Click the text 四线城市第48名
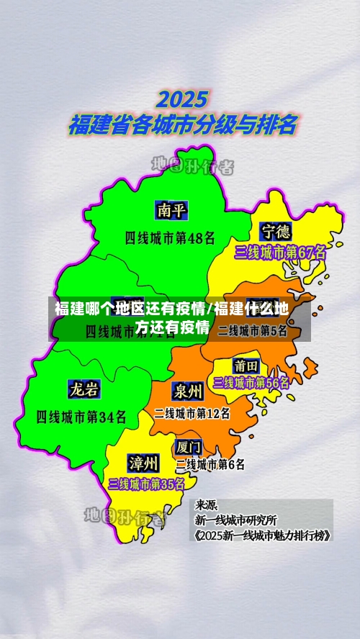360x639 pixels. click(170, 237)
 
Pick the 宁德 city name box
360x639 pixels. click(276, 231)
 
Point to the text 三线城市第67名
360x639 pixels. click(280, 253)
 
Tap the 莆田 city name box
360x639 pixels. click(246, 365)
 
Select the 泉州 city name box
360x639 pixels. click(187, 390)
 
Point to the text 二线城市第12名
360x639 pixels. click(192, 413)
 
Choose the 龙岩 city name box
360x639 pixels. click(84, 389)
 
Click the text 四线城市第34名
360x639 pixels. click(81, 416)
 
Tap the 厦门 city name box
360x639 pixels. click(189, 447)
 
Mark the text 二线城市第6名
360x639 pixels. click(210, 465)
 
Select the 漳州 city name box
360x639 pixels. click(143, 461)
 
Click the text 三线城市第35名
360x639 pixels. click(146, 484)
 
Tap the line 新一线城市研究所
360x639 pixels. click(235, 520)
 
